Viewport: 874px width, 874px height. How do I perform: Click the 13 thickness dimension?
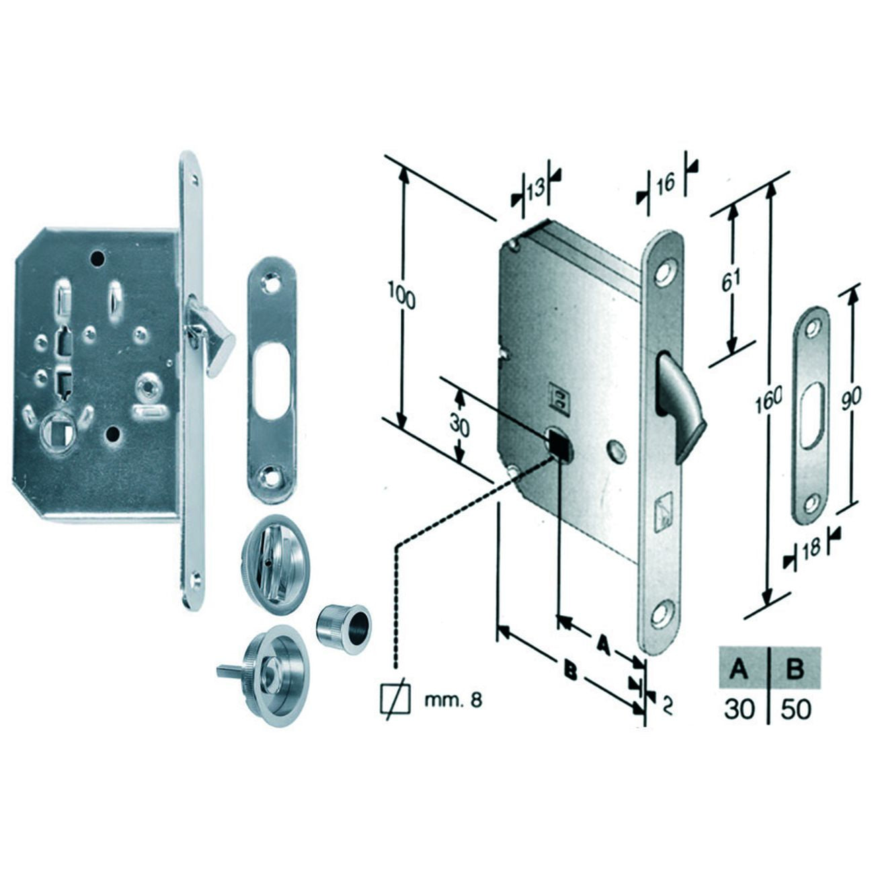pyautogui.click(x=535, y=188)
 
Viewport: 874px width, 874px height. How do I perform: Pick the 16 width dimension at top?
pyautogui.click(x=665, y=182)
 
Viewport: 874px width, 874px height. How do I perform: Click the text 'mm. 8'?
pyautogui.click(x=452, y=713)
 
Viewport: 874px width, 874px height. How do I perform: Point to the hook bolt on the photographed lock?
pyautogui.click(x=210, y=335)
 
